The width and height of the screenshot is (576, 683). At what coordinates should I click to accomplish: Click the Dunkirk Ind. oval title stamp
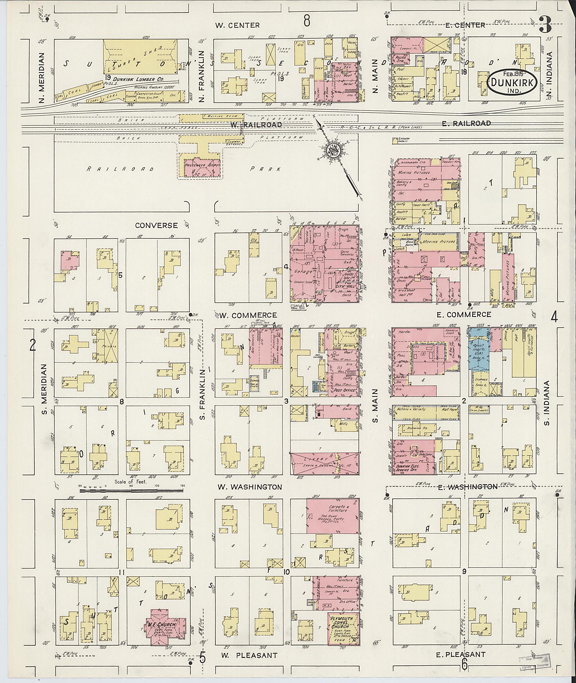(x=512, y=83)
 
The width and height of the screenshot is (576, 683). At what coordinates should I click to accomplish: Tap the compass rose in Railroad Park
(x=335, y=151)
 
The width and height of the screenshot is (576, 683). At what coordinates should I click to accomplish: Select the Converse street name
(x=156, y=225)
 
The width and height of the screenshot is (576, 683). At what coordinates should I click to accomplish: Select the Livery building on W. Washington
(x=324, y=464)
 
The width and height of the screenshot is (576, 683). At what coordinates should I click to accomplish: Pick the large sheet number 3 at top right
(x=545, y=24)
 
